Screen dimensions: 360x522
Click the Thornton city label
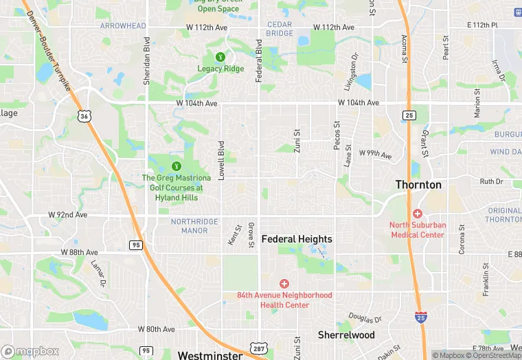[418, 185]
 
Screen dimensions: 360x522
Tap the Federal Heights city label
[297, 239]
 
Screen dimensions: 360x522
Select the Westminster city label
[209, 355]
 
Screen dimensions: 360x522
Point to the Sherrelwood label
[346, 335]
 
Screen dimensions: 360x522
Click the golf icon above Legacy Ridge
[220, 57]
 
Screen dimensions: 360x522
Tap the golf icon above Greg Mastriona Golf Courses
[176, 166]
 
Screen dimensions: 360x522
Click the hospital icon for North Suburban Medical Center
[418, 214]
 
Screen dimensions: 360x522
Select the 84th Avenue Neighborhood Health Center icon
[284, 284]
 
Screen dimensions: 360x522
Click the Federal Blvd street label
[259, 60]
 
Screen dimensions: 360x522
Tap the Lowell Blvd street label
[221, 160]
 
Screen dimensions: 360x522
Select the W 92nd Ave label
[68, 214]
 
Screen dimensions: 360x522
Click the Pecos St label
[337, 135]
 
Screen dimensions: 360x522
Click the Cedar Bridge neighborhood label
[280, 29]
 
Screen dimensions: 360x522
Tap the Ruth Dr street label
[491, 181]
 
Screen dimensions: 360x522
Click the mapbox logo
[30, 352]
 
